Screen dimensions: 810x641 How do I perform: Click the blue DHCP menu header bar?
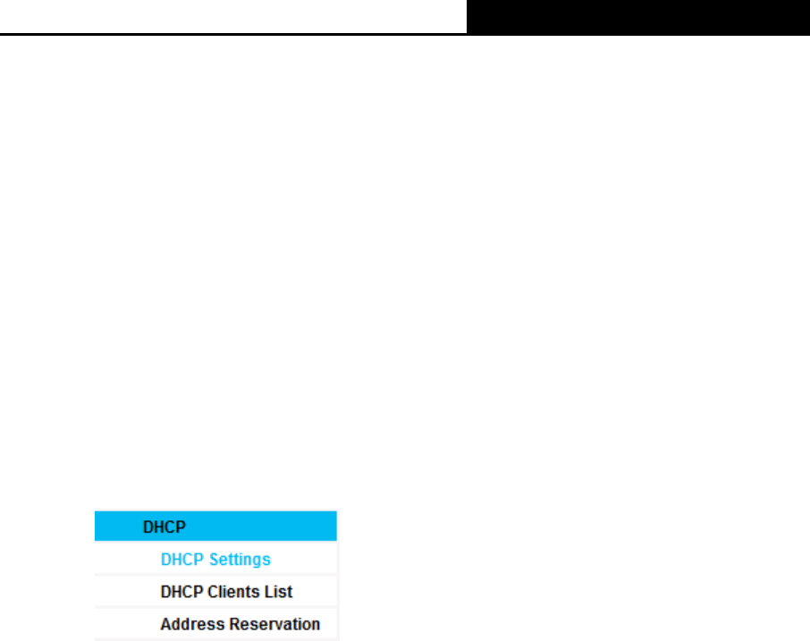point(215,526)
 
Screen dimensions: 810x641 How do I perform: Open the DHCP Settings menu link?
point(215,560)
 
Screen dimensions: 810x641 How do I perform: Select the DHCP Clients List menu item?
point(226,592)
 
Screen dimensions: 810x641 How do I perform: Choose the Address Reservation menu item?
point(240,624)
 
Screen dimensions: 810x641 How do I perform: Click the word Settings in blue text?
point(240,560)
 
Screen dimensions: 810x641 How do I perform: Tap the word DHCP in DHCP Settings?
point(181,560)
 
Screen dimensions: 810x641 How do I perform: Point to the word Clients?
point(233,592)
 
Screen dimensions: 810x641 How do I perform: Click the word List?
point(278,592)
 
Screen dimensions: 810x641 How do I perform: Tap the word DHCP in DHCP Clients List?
point(181,592)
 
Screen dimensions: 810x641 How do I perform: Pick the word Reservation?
point(274,624)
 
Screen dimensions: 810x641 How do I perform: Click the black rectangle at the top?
point(638,18)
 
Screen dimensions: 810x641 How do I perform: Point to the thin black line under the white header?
point(233,34)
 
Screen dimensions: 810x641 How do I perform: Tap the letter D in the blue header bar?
point(148,527)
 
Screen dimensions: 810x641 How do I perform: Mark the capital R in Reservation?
point(234,624)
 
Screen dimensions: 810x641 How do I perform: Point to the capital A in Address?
point(166,624)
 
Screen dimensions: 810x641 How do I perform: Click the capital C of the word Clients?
point(214,592)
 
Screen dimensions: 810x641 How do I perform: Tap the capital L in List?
point(269,592)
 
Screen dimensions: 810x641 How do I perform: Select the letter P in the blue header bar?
point(181,527)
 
